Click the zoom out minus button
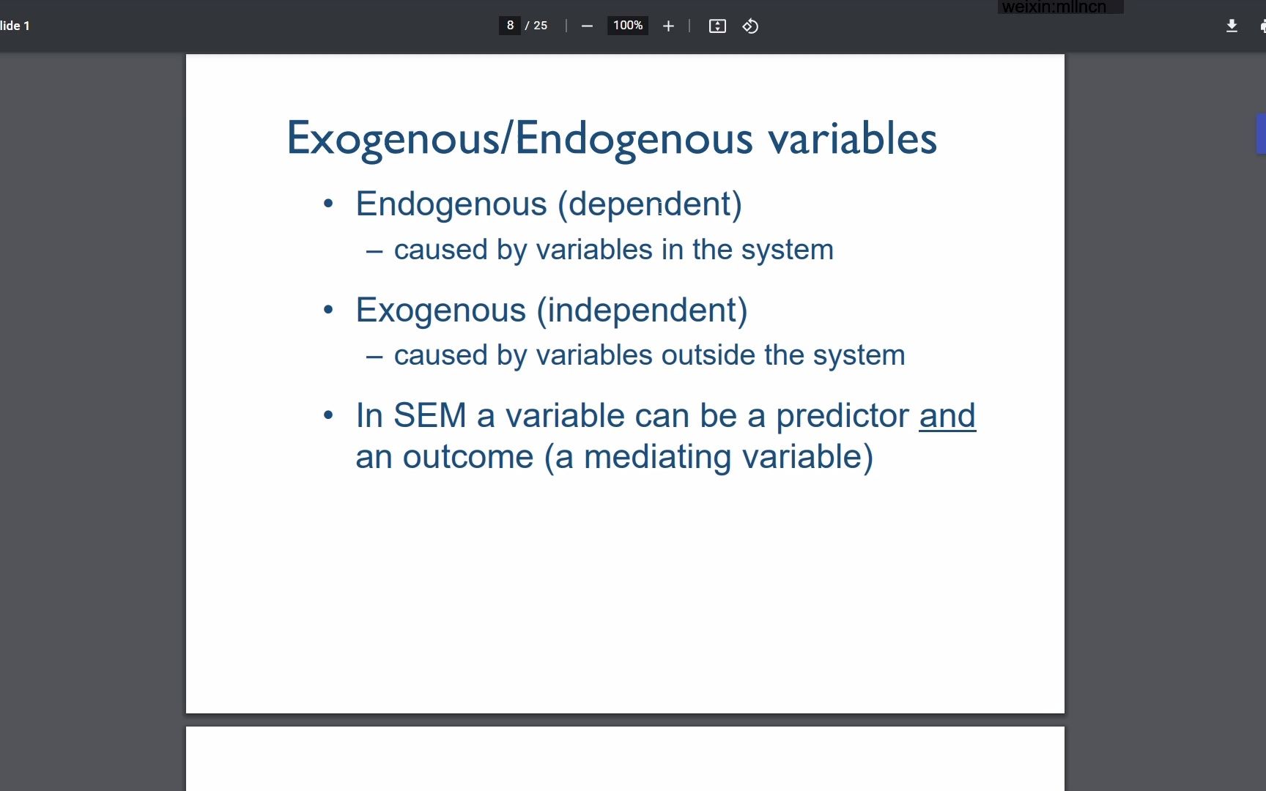click(x=587, y=26)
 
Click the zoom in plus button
click(x=668, y=26)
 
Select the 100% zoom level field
click(x=628, y=26)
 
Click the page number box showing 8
click(x=510, y=26)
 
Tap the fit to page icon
click(x=717, y=26)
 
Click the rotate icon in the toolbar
click(x=750, y=26)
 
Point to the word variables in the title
click(x=852, y=138)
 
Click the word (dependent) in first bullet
click(x=650, y=204)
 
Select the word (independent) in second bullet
click(x=643, y=311)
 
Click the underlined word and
click(x=947, y=416)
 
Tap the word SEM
click(x=430, y=416)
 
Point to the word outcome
click(x=468, y=458)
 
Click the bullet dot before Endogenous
click(x=328, y=204)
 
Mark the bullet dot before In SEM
click(x=328, y=416)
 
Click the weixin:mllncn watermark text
click(x=1054, y=7)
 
